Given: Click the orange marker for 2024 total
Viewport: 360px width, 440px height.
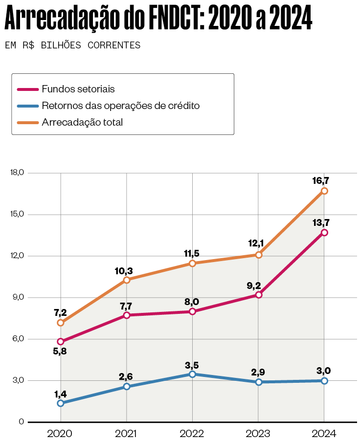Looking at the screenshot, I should coord(324,191).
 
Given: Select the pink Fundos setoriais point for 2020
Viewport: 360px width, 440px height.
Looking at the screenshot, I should coord(61,342).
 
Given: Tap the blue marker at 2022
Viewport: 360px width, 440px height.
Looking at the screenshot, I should coord(192,374).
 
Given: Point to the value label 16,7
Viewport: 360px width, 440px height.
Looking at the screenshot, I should coord(320,180).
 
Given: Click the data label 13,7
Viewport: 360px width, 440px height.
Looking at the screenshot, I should coord(320,222).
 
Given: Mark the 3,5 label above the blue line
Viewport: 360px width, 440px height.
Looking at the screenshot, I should coord(192,365).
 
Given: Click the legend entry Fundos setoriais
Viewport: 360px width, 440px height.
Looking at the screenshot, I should coord(78,89).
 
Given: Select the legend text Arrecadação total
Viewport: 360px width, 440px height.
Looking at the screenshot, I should coord(82,122).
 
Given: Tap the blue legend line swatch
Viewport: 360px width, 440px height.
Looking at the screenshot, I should coord(27,106).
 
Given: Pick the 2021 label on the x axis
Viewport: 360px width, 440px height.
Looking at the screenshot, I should coord(126,433).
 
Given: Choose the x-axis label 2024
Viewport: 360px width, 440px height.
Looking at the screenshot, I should coord(324,433).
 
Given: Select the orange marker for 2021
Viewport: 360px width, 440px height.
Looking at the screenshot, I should coord(127,280).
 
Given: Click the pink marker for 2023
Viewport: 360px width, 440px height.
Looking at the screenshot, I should coord(258,295).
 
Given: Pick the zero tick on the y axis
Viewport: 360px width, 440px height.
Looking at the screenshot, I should coord(21,422).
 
